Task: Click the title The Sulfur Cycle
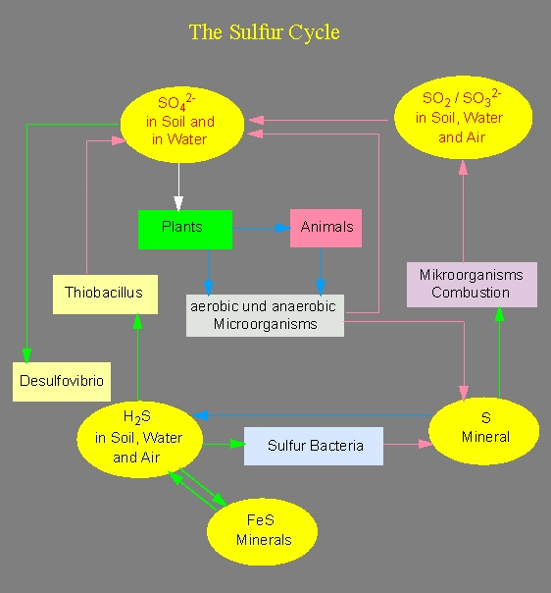[x=265, y=32]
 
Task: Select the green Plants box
[x=185, y=230]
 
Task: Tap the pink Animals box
[x=326, y=228]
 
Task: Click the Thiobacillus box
[x=105, y=295]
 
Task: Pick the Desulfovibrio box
[x=62, y=382]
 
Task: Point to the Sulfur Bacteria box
[x=314, y=446]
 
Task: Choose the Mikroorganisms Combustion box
[x=472, y=285]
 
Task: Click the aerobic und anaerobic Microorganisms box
[x=265, y=315]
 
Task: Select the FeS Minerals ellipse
[x=262, y=531]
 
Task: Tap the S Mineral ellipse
[x=483, y=431]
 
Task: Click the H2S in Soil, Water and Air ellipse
[x=140, y=440]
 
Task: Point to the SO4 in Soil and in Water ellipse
[x=182, y=125]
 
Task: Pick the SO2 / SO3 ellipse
[x=463, y=117]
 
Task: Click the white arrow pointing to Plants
[x=178, y=187]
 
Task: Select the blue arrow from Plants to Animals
[x=262, y=229]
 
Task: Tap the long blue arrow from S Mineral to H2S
[x=312, y=415]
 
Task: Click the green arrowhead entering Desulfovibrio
[x=26, y=355]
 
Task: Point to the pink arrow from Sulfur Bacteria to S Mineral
[x=408, y=444]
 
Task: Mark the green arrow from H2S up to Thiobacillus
[x=138, y=357]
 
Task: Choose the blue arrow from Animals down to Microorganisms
[x=321, y=271]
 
